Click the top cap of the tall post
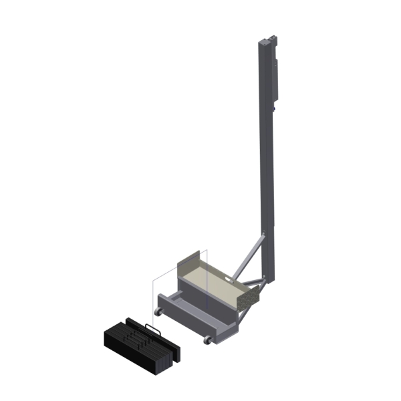tap(266, 41)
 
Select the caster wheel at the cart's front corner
tap(208, 340)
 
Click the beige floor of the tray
tap(214, 281)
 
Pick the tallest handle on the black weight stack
tap(151, 330)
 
